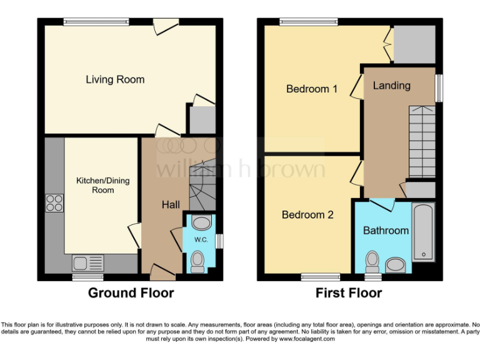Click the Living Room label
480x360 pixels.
[x=115, y=79]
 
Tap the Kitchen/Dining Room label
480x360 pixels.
[x=103, y=185]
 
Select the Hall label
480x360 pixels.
[x=171, y=205]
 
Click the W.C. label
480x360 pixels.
[x=201, y=239]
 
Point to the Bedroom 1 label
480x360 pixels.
[x=312, y=89]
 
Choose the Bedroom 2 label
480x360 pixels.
[x=307, y=215]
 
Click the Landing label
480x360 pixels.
[x=392, y=85]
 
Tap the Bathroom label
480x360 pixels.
[x=386, y=231]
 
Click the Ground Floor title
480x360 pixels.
[x=131, y=292]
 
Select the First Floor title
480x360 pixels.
[x=348, y=292]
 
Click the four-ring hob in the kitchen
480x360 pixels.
[x=54, y=203]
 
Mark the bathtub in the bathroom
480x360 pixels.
[x=423, y=231]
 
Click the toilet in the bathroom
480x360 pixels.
[x=372, y=259]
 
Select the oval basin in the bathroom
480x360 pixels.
[x=396, y=265]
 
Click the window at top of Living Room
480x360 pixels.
[x=96, y=22]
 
